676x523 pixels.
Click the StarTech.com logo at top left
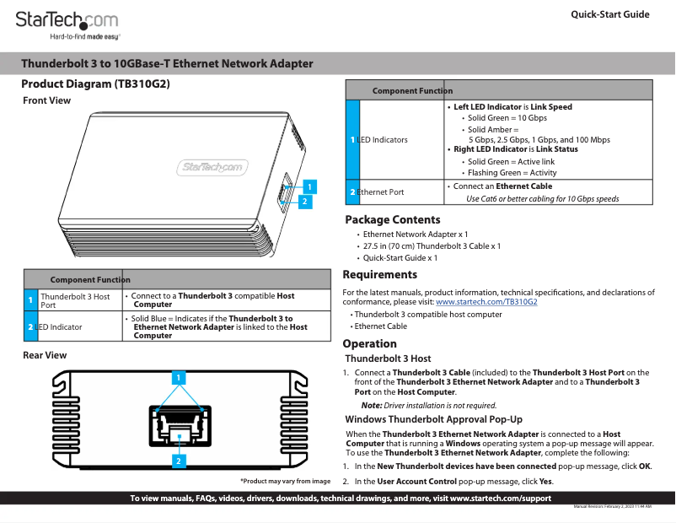pos(67,23)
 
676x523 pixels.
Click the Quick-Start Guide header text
pos(609,14)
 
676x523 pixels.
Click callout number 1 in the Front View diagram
pos(309,186)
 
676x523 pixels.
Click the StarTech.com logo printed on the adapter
pos(213,167)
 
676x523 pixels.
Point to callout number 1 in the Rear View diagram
pos(179,377)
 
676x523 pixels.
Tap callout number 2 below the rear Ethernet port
pos(179,461)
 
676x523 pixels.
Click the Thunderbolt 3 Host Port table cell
pos(75,300)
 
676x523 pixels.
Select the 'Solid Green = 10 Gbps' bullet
pos(507,118)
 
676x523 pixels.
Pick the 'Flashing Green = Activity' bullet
pos(512,173)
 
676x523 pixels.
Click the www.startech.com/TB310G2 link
pos(486,301)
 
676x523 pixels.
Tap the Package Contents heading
pos(393,220)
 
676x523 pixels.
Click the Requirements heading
pos(379,274)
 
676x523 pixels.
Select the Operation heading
pos(369,343)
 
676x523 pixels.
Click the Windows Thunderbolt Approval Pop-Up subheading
pos(434,419)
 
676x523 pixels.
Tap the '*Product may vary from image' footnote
pos(285,481)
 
